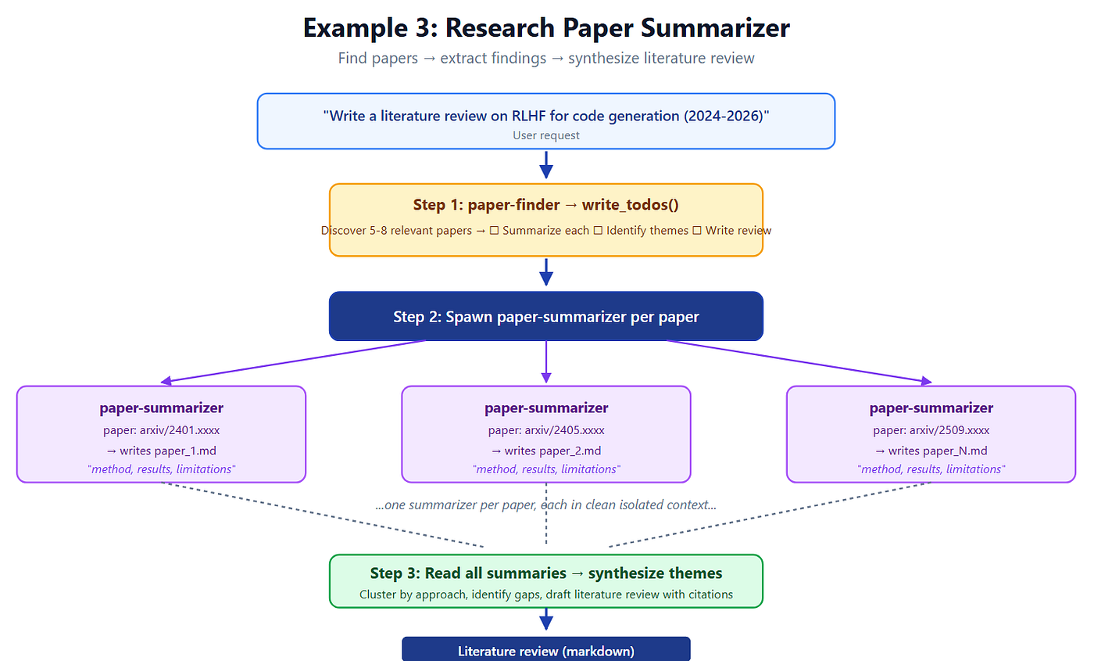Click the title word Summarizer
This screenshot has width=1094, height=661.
pos(715,28)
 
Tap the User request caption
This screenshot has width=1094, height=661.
pos(546,135)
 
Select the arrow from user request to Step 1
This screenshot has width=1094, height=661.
pos(546,165)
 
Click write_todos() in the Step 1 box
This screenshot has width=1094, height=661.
pos(631,205)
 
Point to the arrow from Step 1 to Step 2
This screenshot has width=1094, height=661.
pos(546,272)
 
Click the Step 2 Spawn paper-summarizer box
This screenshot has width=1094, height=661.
pos(546,316)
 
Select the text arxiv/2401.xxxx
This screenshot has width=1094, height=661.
pos(180,430)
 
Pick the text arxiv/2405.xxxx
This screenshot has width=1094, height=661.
pos(564,430)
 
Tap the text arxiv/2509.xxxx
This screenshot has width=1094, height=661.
pos(949,430)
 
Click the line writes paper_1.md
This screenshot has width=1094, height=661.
pos(161,451)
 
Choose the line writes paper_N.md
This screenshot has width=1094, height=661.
pos(931,451)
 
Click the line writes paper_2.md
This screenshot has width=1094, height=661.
pos(546,451)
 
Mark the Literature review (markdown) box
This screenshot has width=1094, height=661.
pos(546,649)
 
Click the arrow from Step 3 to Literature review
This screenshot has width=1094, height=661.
pos(546,619)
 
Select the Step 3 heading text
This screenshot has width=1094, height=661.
pos(546,573)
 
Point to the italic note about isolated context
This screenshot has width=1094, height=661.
pos(546,505)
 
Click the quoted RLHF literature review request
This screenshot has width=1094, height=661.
pos(546,116)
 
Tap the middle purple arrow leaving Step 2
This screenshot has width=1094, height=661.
pos(546,361)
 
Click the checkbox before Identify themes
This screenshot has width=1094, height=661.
pos(598,230)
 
